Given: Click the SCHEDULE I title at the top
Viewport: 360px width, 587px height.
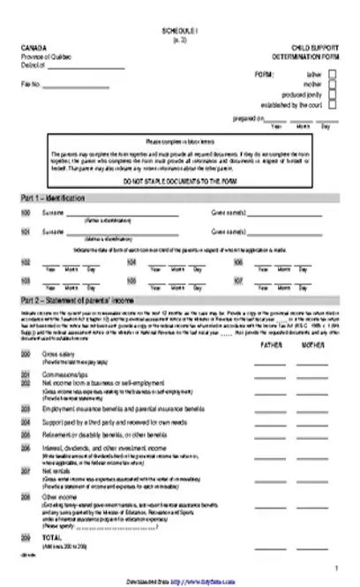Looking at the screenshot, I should click(x=180, y=28).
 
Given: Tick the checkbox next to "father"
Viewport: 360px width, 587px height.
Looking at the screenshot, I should click(x=332, y=77).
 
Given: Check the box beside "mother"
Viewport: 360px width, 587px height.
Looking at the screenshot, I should click(x=332, y=86).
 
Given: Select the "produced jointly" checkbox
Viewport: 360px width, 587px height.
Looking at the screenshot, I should click(x=332, y=95).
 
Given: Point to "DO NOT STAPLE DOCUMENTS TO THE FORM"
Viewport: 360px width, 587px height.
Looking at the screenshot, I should click(x=179, y=180).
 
